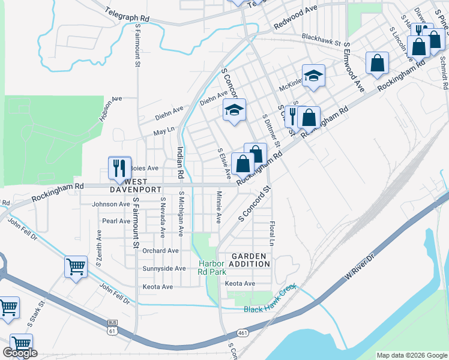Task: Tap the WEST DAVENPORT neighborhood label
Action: click(136, 185)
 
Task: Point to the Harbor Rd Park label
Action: click(211, 268)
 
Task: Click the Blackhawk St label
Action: click(321, 39)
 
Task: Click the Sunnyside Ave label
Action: click(164, 268)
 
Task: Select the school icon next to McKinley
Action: click(313, 76)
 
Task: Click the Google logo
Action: click(20, 353)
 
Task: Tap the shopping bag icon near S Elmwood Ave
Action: click(377, 63)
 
